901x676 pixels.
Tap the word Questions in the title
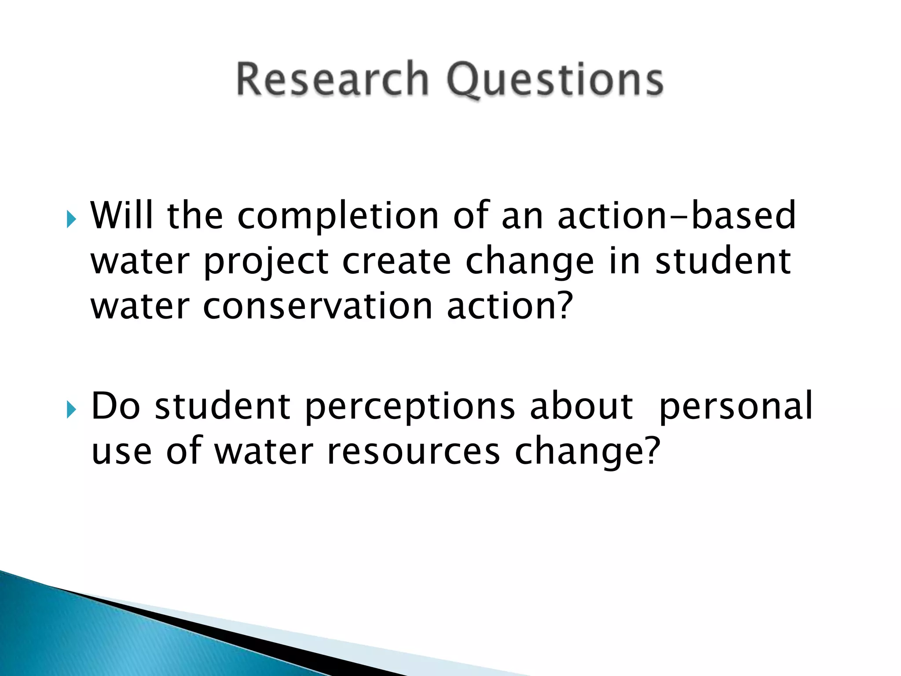pos(555,81)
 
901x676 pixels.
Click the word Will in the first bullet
pos(122,216)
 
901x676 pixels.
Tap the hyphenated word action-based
pos(677,216)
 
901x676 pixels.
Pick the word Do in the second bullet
pos(115,406)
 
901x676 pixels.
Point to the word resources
pos(414,452)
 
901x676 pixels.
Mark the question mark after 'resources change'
pos(652,451)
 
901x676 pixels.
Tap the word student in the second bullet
pos(223,406)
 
